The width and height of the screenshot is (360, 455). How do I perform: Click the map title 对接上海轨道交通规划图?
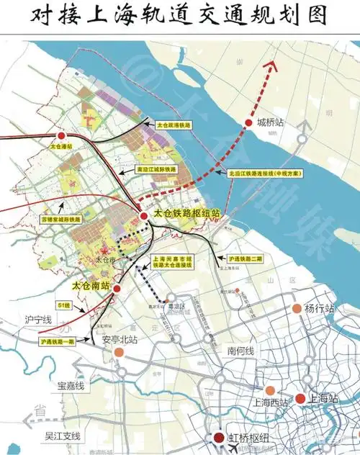180,16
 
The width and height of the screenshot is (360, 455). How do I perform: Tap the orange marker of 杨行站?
296,309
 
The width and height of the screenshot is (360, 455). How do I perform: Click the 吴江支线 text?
63,436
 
